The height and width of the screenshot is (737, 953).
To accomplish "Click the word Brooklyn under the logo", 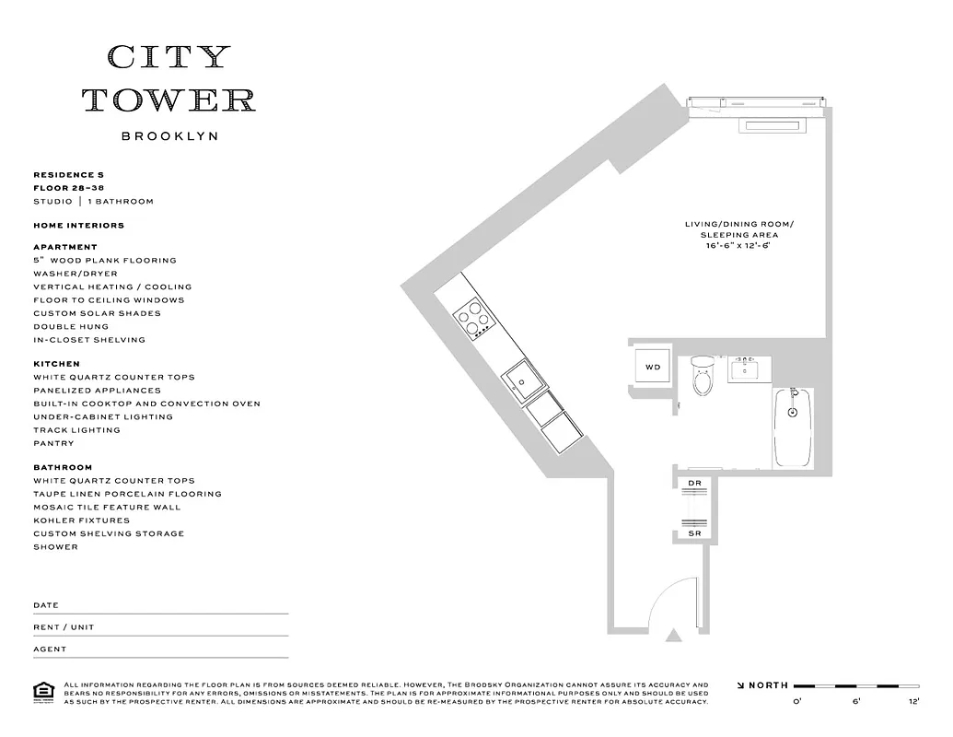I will pos(169,136).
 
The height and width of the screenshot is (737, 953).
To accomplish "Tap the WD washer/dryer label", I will pos(653,367).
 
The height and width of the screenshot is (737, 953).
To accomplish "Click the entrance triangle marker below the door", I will pos(674,635).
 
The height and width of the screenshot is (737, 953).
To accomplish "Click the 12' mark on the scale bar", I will pos(912,702).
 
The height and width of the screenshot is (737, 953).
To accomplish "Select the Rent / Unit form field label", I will pos(64,627).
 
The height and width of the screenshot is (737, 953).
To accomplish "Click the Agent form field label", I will pos(50,649).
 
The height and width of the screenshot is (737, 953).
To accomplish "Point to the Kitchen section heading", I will pos(56,364).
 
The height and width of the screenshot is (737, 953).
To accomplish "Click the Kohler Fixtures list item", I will pos(81,521).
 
